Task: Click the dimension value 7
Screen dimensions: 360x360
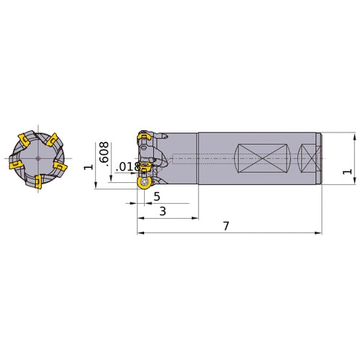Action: [226, 226]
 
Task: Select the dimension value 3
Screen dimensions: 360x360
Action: [163, 212]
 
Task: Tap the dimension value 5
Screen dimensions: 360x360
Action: [157, 197]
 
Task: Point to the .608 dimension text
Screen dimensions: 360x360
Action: [104, 154]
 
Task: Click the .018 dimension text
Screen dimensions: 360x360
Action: [127, 167]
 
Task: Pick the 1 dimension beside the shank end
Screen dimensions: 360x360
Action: [347, 172]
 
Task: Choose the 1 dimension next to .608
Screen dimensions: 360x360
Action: [89, 167]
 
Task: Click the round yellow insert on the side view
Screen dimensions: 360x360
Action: [144, 183]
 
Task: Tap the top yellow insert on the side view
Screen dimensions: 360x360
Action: [144, 137]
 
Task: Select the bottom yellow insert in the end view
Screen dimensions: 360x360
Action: [38, 181]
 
